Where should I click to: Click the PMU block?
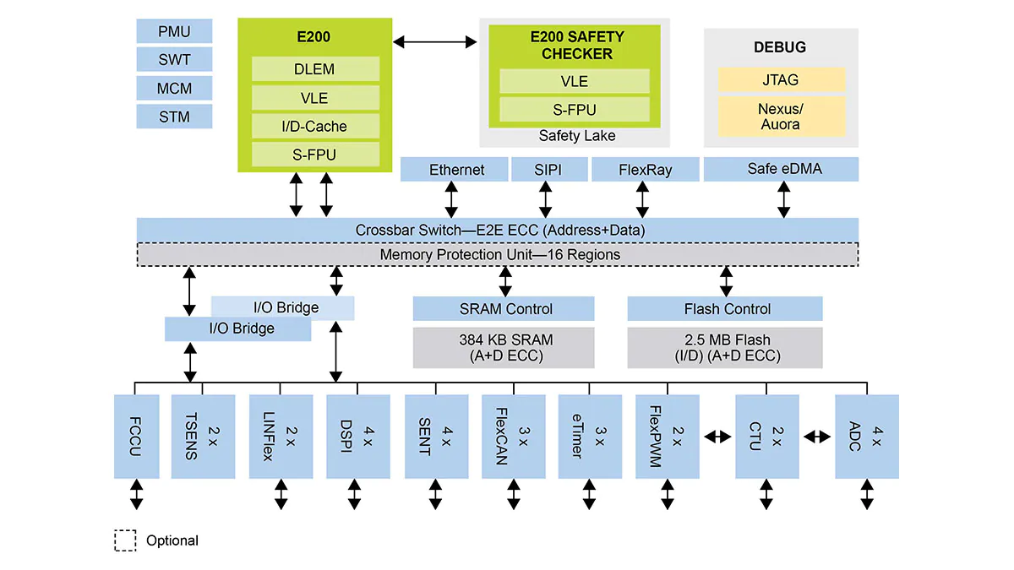[174, 32]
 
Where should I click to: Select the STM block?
[174, 117]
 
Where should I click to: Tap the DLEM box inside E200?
[314, 69]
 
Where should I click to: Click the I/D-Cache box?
[314, 127]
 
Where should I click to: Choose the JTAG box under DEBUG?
[781, 80]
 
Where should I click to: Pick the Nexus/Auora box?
[781, 117]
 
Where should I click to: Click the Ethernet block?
[456, 170]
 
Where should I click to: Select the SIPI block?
[548, 170]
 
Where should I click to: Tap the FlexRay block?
[646, 170]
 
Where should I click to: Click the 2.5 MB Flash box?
[727, 348]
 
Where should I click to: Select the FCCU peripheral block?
[136, 436]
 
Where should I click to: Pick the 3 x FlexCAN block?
[514, 436]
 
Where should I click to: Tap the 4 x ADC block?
[867, 436]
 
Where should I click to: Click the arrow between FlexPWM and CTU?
[717, 437]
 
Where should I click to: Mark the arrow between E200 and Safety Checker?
[436, 41]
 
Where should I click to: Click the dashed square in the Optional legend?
[125, 540]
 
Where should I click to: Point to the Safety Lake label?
[576, 136]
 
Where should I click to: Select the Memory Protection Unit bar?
[499, 254]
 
